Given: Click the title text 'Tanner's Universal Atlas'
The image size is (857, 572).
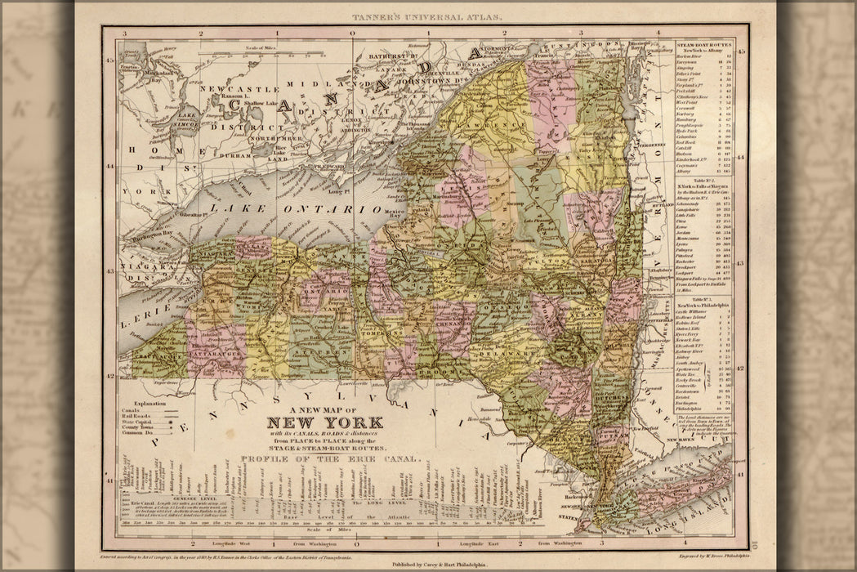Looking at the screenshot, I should (x=428, y=16).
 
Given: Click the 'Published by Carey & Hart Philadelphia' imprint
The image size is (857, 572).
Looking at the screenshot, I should (x=429, y=563).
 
